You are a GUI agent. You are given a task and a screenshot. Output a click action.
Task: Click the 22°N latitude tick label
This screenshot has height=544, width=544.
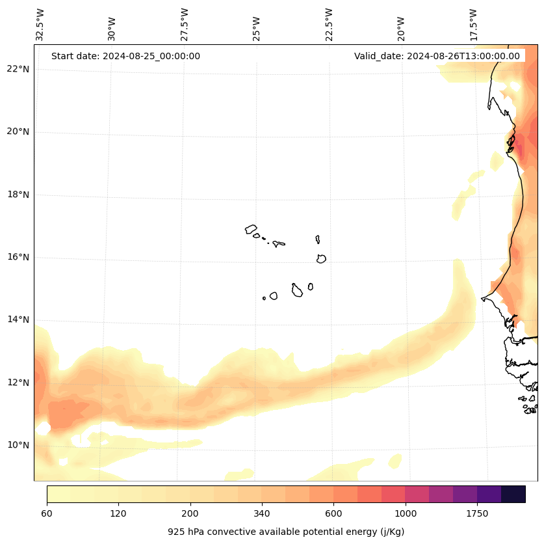coord(18,70)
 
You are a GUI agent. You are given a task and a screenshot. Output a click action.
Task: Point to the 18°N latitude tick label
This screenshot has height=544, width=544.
coord(18,195)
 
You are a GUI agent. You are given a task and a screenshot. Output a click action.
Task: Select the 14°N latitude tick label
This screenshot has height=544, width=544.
coord(18,320)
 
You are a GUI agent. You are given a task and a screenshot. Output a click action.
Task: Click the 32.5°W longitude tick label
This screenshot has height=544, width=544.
coord(40,25)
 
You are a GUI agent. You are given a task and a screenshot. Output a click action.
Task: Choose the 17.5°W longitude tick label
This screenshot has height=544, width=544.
coord(474,25)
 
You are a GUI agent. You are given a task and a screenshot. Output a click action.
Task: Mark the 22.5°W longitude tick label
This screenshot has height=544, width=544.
coord(329,25)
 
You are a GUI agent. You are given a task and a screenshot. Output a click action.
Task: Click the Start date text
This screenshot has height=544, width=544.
coord(125,56)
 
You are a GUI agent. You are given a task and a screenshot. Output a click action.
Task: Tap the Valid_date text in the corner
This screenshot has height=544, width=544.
coord(437,56)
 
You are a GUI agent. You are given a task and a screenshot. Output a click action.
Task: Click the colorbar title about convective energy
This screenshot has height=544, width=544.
coord(286,532)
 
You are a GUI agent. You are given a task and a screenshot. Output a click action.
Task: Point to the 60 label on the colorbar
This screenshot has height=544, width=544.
coord(47,514)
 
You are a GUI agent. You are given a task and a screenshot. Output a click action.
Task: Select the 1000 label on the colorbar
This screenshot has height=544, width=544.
coord(406,514)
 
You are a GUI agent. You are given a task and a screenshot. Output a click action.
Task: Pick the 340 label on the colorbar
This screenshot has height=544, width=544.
coord(262,514)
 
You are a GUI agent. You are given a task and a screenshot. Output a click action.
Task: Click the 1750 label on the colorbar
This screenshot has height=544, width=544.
coord(477,514)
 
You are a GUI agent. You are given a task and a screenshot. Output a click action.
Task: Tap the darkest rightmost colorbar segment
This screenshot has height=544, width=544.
coord(513,494)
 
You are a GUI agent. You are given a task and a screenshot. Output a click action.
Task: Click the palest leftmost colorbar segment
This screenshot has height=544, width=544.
coord(58,494)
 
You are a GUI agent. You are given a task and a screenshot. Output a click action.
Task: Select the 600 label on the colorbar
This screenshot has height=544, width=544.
coord(333,514)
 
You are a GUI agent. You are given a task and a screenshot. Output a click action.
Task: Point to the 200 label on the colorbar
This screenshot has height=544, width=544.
coord(190,514)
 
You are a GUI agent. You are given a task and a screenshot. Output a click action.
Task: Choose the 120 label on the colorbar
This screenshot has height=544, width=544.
coord(118,514)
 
